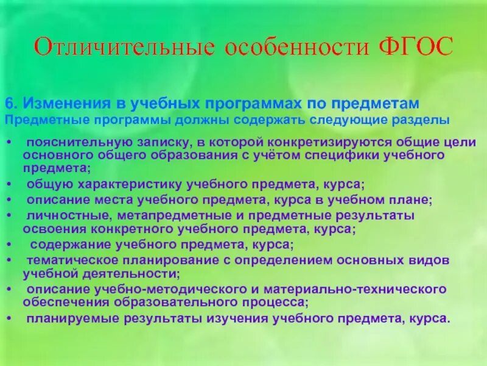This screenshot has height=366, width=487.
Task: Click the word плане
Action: click(x=410, y=199)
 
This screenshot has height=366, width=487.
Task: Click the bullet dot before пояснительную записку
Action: click(x=8, y=143)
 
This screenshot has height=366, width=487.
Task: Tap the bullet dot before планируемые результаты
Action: click(x=8, y=318)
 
